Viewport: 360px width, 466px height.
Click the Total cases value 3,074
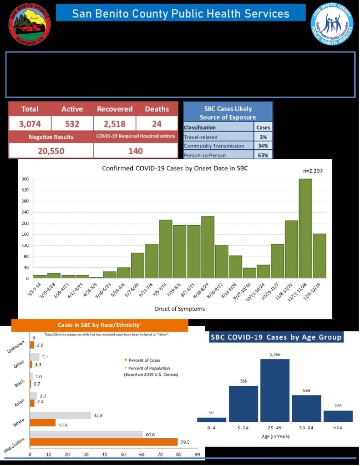coord(30,123)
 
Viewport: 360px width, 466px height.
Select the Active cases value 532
coord(72,123)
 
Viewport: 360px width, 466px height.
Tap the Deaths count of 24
coord(157,123)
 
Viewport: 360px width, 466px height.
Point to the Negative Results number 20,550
coord(51,151)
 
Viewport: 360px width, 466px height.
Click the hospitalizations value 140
coord(135,151)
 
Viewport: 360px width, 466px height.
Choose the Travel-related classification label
coord(201,137)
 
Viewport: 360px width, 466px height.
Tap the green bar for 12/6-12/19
coord(319,256)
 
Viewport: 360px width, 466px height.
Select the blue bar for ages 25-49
coord(274,390)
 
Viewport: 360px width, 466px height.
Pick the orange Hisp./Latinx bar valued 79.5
coord(104,442)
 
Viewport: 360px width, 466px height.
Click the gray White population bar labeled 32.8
coord(61,415)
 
